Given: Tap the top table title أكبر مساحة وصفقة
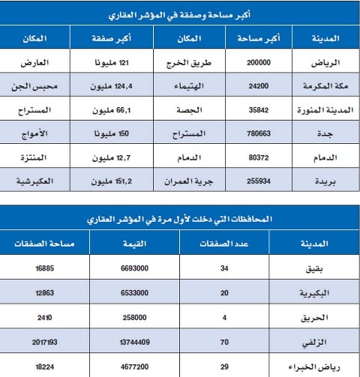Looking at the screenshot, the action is (180, 13).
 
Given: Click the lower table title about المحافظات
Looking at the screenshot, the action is (180, 219).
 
